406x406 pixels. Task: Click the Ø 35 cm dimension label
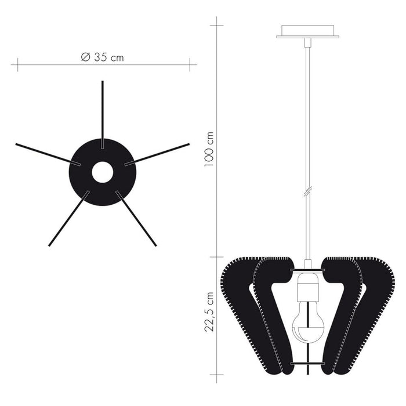point(103,57)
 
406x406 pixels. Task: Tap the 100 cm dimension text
point(209,149)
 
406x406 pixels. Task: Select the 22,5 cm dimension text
point(209,311)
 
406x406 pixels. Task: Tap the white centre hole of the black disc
point(103,172)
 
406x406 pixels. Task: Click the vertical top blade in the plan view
point(103,110)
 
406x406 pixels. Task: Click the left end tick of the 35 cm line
point(17,64)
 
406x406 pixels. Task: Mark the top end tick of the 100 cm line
point(217,26)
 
